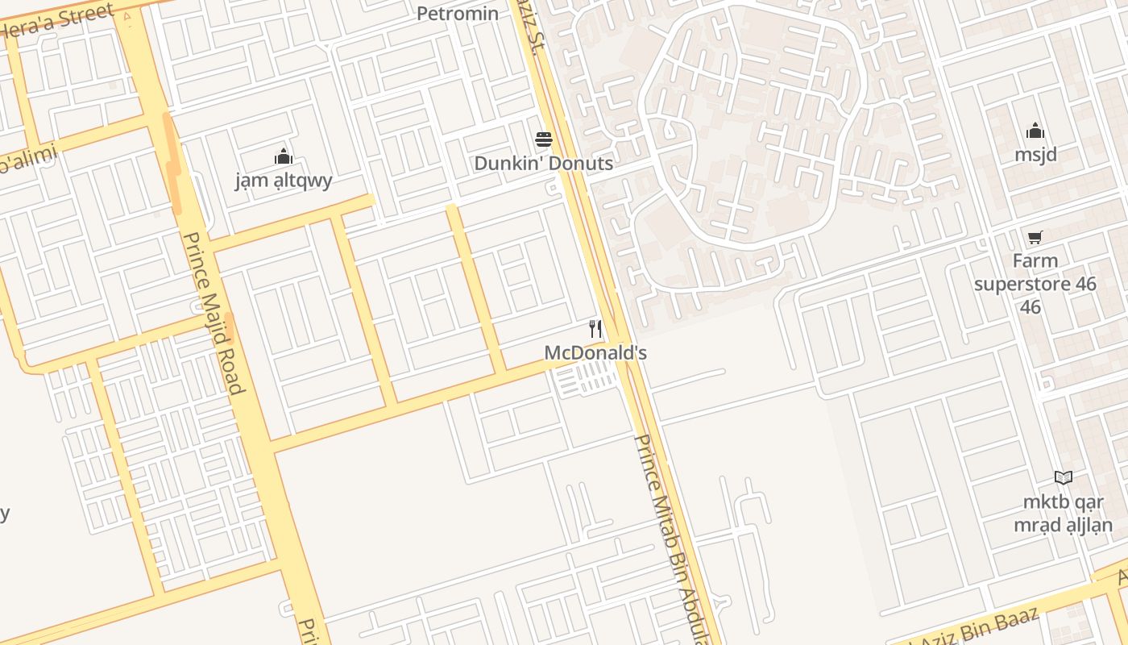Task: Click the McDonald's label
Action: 595,353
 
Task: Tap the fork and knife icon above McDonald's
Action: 595,329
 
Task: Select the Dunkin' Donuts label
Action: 543,164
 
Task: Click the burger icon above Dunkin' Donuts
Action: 544,139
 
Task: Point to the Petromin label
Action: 458,13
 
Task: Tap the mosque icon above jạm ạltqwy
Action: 283,156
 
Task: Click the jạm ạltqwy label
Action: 284,180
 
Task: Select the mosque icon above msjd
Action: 1035,131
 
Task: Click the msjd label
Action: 1035,154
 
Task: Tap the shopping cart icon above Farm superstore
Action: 1035,237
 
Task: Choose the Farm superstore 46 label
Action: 1035,284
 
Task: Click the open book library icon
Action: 1064,477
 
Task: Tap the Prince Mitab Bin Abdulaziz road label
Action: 675,540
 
